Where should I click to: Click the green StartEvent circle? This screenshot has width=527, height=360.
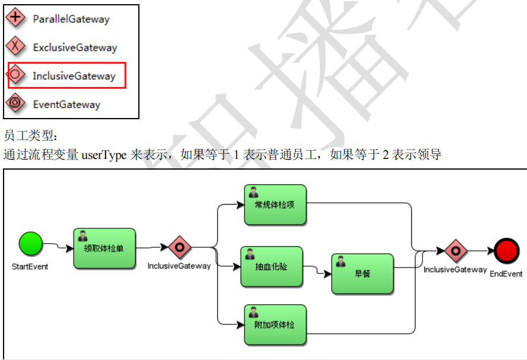31,244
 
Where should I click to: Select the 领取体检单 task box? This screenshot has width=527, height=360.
104,249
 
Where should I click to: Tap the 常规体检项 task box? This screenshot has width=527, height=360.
275,205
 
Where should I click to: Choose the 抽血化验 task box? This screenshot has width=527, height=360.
271,267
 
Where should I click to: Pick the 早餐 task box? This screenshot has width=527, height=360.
362,273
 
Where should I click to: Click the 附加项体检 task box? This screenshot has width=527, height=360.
275,325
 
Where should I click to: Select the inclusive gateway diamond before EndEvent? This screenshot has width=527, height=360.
455,251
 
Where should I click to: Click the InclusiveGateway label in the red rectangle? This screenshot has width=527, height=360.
74,76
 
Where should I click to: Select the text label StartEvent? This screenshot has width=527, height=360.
30,267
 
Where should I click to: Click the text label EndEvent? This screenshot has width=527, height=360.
506,274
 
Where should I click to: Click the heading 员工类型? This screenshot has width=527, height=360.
28,136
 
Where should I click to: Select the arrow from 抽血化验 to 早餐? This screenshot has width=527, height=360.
318,272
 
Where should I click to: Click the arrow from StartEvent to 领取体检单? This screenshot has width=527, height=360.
58,246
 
